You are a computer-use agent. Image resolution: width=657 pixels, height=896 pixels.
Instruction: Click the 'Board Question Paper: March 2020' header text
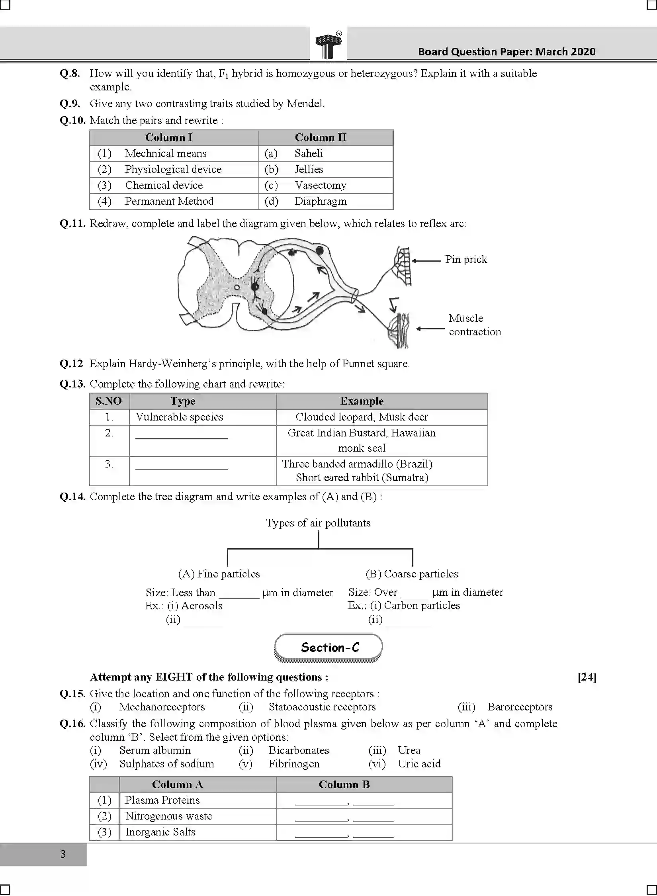pos(506,52)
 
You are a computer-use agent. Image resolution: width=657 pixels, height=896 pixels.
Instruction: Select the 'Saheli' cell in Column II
pos(309,153)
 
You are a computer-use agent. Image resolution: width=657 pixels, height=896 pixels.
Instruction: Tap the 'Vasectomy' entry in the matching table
pos(320,185)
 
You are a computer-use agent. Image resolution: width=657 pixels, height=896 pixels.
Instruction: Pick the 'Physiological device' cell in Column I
pos(173,169)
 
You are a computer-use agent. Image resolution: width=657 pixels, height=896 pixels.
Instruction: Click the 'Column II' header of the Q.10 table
pos(321,137)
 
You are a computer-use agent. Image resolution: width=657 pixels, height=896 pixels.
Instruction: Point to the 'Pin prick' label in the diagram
pos(466,259)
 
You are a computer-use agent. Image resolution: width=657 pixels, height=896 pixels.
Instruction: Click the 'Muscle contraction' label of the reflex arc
pos(474,325)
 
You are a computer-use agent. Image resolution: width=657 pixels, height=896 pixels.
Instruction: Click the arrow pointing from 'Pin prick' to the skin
pos(426,261)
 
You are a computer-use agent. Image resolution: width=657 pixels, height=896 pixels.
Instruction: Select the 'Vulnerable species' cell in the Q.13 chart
pos(179,417)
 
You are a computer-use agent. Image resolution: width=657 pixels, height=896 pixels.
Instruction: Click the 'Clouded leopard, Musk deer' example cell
pos(362,417)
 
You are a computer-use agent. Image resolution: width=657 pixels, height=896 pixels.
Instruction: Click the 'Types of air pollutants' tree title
pos(318,523)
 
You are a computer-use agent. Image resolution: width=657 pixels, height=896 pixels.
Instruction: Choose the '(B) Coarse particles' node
pos(412,574)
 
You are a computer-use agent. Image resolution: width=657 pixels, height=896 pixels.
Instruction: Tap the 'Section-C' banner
pos(328,648)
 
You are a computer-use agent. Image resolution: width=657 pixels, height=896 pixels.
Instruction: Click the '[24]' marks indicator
pos(587,677)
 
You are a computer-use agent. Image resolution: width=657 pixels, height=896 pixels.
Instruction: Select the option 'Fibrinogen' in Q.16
pos(294,764)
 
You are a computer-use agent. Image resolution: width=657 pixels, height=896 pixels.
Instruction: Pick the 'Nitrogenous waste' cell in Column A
pos(168,816)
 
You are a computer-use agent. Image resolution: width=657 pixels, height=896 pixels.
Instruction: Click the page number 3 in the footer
pos(63,854)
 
